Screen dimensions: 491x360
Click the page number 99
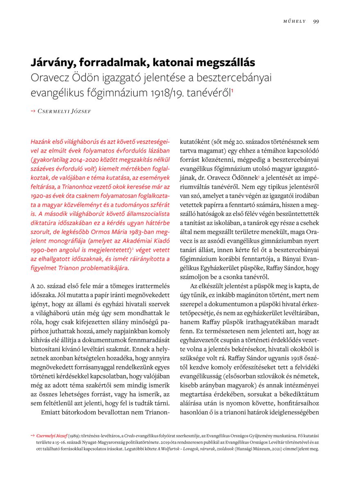tap(316, 22)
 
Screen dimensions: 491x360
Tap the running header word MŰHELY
tap(294, 22)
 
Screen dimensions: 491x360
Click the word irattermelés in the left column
tap(148, 285)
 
